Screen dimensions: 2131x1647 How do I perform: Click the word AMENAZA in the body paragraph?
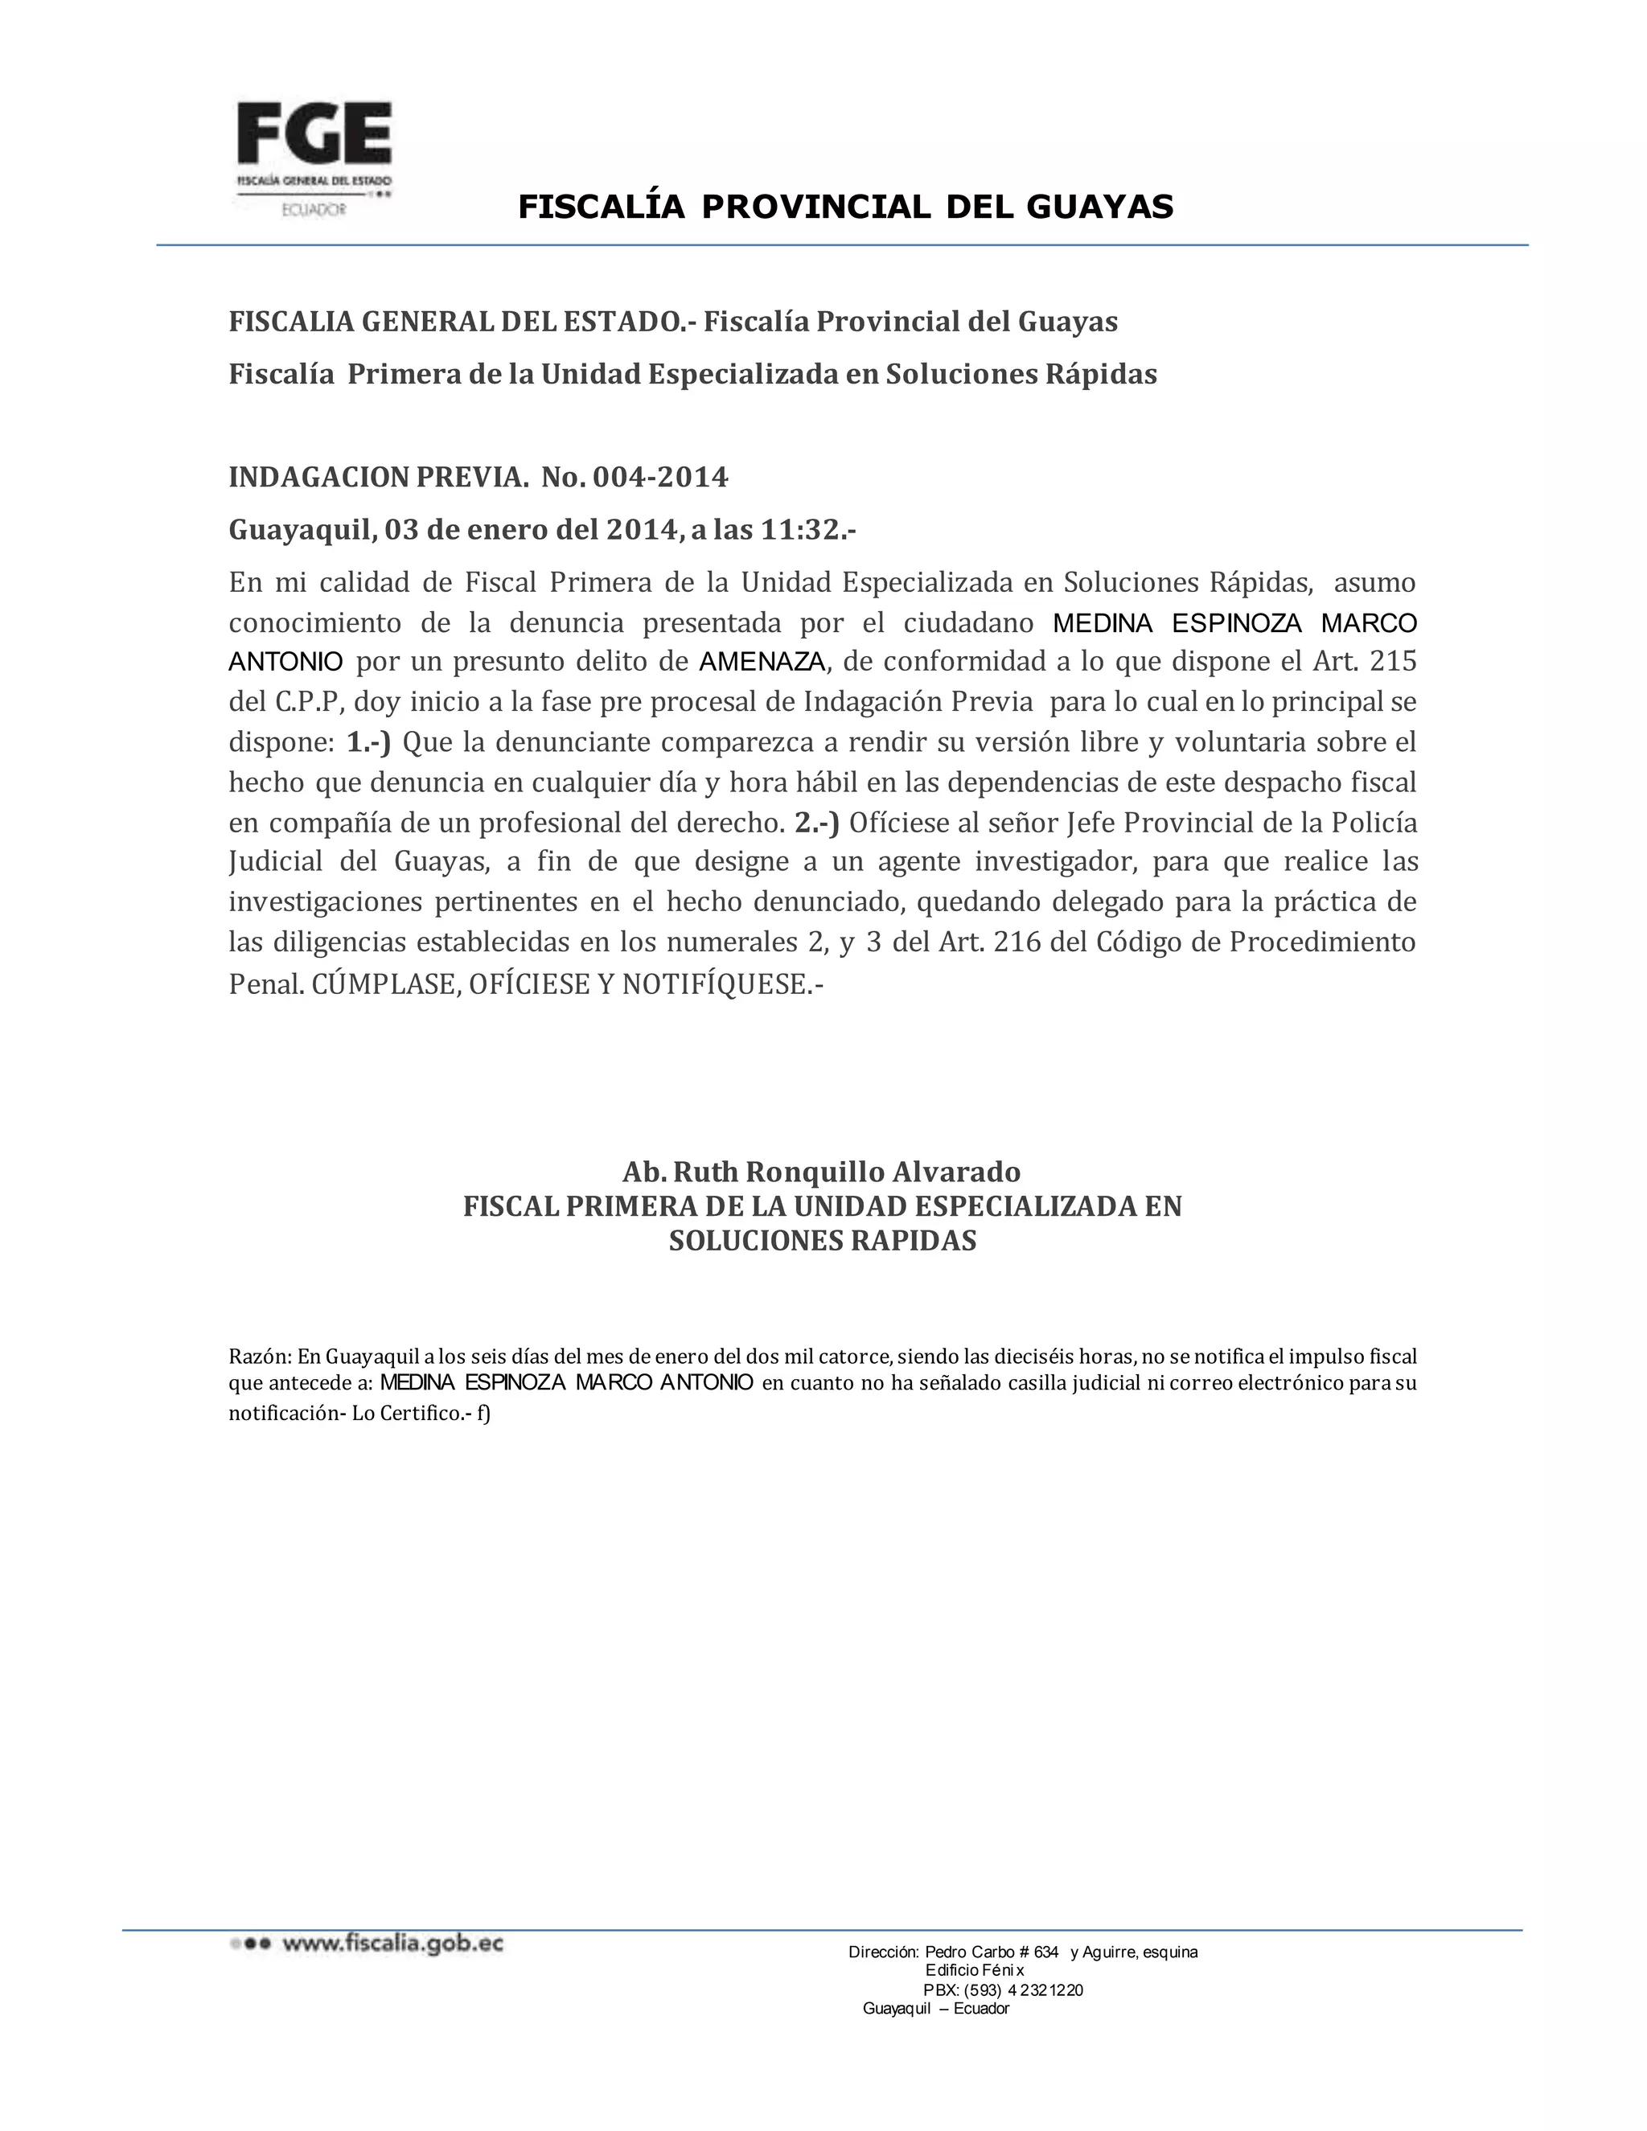click(x=763, y=663)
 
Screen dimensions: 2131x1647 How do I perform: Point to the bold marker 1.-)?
click(x=369, y=742)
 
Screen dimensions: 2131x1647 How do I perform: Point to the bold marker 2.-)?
click(x=817, y=823)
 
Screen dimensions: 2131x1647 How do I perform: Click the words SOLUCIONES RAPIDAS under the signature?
click(x=823, y=1241)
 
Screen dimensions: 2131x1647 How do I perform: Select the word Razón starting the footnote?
click(x=259, y=1357)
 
